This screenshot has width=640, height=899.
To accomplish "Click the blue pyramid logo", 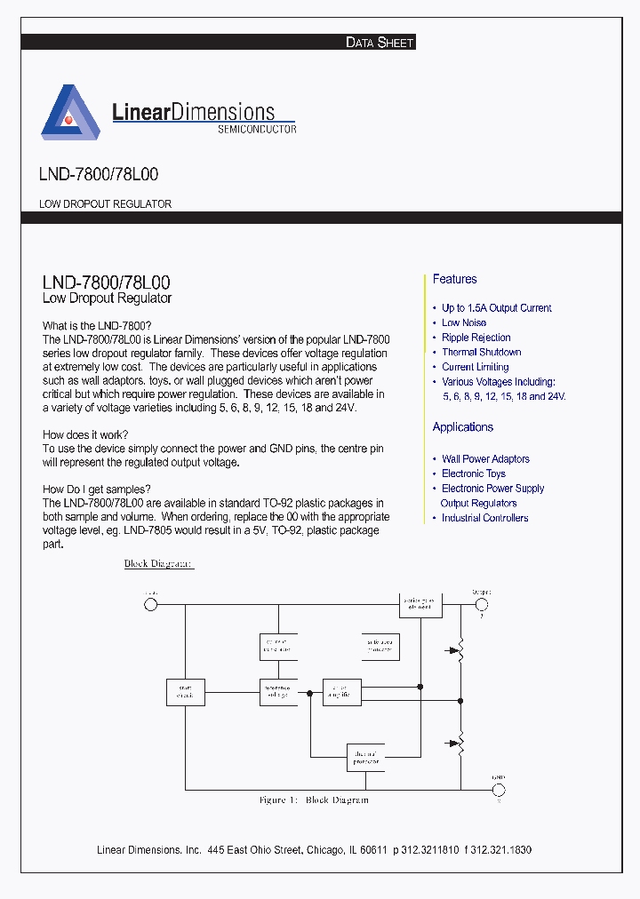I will click(x=70, y=113).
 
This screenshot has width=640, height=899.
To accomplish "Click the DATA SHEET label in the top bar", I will click(x=379, y=42).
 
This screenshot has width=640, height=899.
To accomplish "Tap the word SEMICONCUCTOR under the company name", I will click(x=257, y=129).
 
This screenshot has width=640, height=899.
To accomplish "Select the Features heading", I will click(x=454, y=279).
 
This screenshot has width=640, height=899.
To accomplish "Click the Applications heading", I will click(x=462, y=427).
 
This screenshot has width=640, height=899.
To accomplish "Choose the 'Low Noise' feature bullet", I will click(x=464, y=322).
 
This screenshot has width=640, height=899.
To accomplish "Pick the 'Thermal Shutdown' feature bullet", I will click(x=481, y=352).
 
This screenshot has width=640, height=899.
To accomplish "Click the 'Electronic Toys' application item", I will click(x=473, y=473).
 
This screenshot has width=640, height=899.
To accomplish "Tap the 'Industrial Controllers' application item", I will click(x=484, y=518).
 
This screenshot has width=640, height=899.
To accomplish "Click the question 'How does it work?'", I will click(x=85, y=434).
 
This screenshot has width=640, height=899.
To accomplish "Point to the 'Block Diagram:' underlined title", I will click(x=158, y=564).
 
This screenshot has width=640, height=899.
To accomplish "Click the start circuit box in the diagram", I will click(x=186, y=692).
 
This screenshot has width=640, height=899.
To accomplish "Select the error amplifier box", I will click(x=341, y=692).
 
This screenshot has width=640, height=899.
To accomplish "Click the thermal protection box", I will click(x=365, y=757).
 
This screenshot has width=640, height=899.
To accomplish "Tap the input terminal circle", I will click(x=151, y=604).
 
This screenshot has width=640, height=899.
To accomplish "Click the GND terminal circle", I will click(x=499, y=790).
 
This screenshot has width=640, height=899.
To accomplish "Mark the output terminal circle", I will click(x=482, y=604).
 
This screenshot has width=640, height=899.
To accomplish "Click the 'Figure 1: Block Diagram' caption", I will click(x=313, y=800).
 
